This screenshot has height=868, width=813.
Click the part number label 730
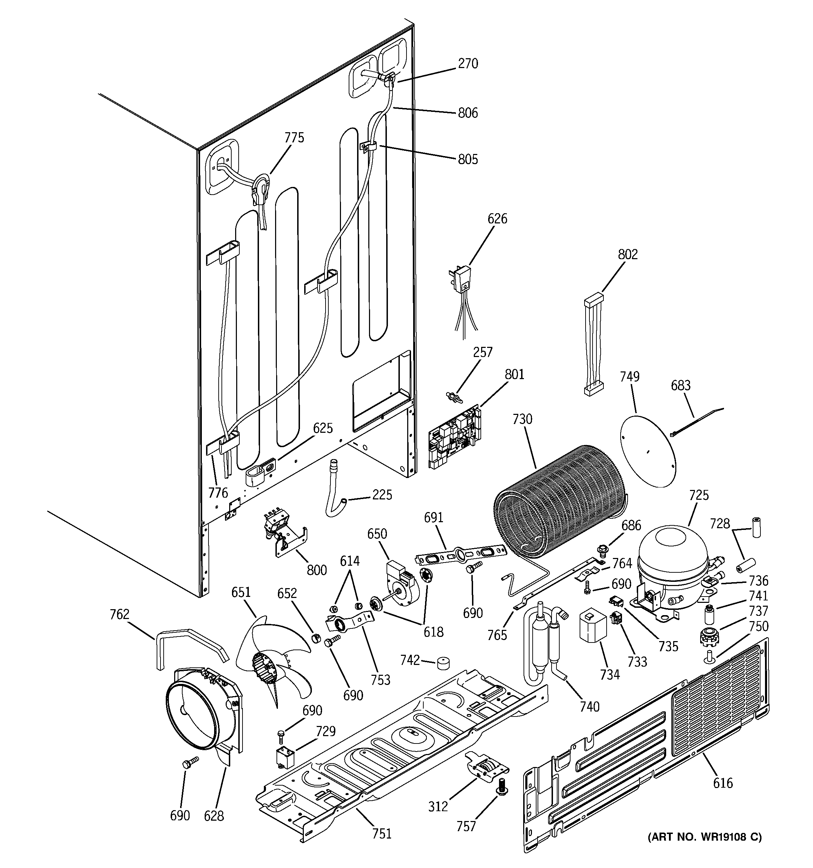tap(522, 419)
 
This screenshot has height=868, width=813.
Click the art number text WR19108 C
tap(704, 837)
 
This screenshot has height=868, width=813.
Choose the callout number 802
tap(628, 254)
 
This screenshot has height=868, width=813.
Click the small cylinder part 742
tap(443, 663)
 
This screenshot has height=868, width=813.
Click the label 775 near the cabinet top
tap(294, 137)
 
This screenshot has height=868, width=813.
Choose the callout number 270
tap(468, 64)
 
